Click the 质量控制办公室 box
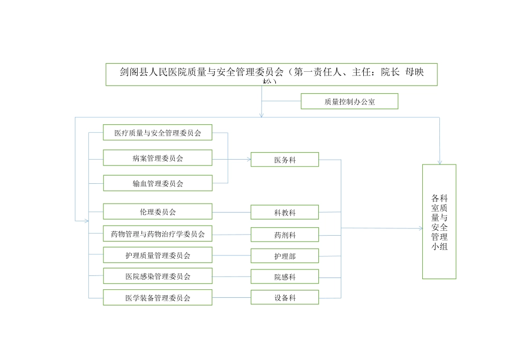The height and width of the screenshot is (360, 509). pyautogui.click(x=349, y=101)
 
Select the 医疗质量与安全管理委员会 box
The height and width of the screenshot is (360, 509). pyautogui.click(x=158, y=132)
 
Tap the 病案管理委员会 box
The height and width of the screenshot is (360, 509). pyautogui.click(x=158, y=158)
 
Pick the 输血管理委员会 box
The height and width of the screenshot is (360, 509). pyautogui.click(x=158, y=183)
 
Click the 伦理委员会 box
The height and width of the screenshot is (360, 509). pyautogui.click(x=158, y=212)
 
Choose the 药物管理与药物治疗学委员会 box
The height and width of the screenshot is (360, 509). pyautogui.click(x=158, y=234)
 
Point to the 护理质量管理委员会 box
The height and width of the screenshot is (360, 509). pyautogui.click(x=158, y=255)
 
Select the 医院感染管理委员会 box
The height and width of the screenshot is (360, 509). pyautogui.click(x=158, y=276)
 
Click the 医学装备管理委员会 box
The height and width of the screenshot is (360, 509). pyautogui.click(x=158, y=297)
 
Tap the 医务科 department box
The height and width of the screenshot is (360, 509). pyautogui.click(x=285, y=160)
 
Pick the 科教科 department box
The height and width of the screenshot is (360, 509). pyautogui.click(x=285, y=213)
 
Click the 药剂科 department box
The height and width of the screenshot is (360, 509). pyautogui.click(x=285, y=235)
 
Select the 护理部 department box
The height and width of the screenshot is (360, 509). pyautogui.click(x=285, y=256)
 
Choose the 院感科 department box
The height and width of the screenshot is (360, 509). pyautogui.click(x=285, y=277)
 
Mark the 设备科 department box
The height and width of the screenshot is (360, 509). pyautogui.click(x=285, y=297)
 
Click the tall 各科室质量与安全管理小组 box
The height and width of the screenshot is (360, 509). pyautogui.click(x=439, y=221)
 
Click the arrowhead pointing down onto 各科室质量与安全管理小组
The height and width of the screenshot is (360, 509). pyautogui.click(x=440, y=162)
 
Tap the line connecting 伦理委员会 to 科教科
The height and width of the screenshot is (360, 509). pyautogui.click(x=231, y=212)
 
